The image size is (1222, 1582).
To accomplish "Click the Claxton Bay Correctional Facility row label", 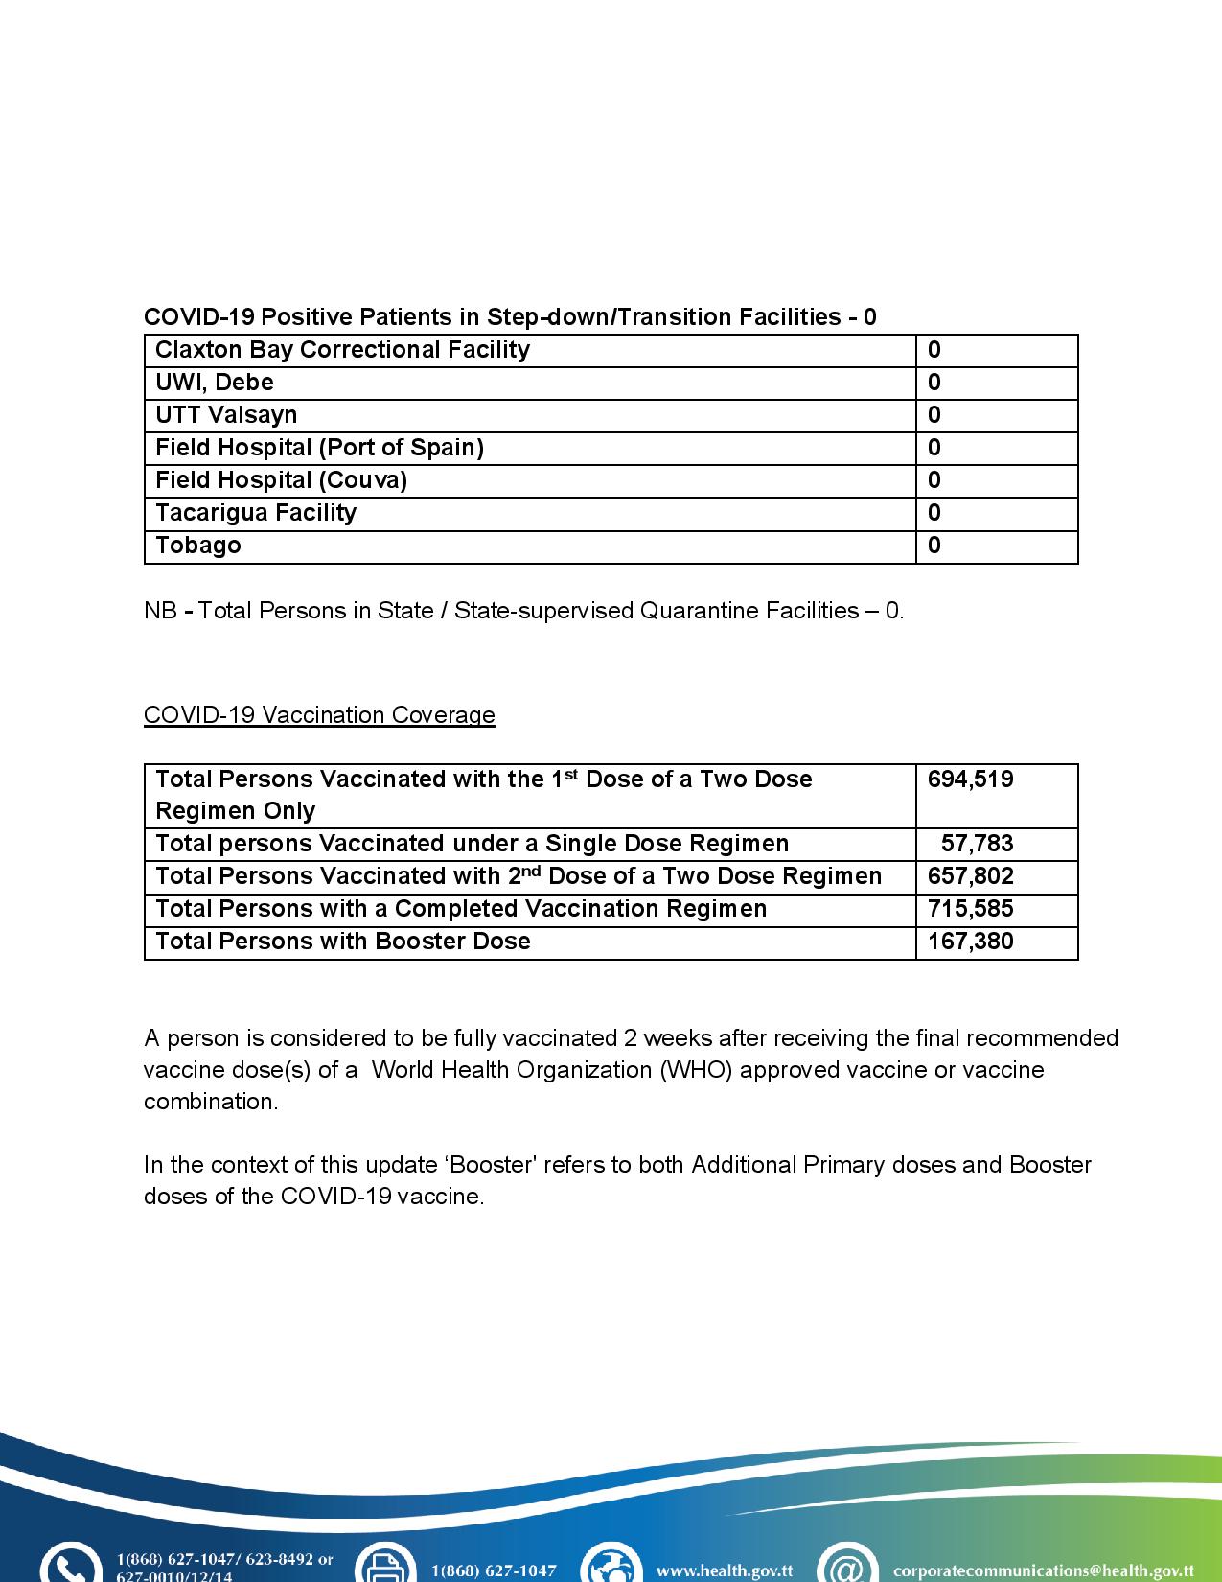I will point(342,350).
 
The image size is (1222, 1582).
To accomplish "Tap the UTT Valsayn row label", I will point(226,415).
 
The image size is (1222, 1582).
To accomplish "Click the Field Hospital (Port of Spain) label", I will point(319,448).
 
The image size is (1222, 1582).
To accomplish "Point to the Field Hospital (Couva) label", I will point(281,480).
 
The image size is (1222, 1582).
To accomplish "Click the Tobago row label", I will point(198,546).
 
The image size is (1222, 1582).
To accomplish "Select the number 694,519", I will point(970,779).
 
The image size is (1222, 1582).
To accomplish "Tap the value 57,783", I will point(977,844).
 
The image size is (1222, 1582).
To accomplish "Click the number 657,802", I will point(970,876).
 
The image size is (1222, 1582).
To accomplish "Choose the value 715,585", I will point(970,909).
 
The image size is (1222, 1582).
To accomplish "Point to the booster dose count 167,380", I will point(970,942).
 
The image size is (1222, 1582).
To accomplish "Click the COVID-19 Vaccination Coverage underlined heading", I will point(319,715).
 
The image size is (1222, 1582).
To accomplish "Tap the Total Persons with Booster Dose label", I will point(342,942).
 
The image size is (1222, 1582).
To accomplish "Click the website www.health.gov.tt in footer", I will point(724,1570).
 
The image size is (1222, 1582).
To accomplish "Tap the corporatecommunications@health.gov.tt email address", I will point(1043,1570).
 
